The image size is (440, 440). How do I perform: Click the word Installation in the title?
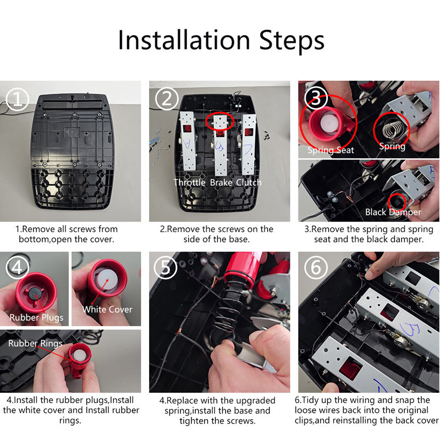184,40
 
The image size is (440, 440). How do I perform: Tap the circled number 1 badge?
18,100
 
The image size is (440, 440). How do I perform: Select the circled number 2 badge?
167,99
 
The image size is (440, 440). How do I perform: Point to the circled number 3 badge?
316,98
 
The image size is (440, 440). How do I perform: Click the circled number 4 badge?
18,267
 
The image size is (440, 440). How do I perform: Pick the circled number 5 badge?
166,267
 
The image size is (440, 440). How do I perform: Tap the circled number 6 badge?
316,267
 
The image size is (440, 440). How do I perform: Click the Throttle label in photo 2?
189,183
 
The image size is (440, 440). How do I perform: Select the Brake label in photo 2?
221,183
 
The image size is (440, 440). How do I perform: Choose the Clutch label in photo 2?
249,183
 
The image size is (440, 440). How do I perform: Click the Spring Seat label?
331,150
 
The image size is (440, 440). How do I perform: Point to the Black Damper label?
393,212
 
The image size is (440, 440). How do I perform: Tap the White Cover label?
107,309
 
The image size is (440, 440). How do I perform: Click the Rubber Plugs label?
36,318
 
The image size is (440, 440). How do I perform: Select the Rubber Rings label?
35,343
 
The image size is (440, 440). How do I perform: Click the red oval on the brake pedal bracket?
219,121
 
